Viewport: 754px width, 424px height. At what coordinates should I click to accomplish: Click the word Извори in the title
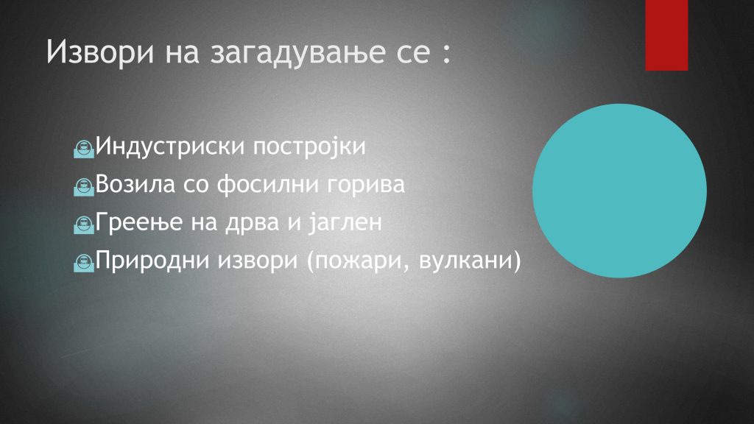pyautogui.click(x=100, y=52)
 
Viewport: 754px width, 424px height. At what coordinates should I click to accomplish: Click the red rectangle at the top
pyautogui.click(x=666, y=35)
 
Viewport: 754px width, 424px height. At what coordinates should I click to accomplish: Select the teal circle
pyautogui.click(x=619, y=191)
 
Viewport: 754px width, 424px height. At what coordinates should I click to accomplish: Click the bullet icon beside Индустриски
pyautogui.click(x=84, y=149)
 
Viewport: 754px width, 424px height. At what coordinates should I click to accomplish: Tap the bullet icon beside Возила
pyautogui.click(x=84, y=187)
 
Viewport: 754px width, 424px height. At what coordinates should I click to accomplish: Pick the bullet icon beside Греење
pyautogui.click(x=84, y=225)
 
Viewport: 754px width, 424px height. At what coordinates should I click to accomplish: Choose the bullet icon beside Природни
pyautogui.click(x=84, y=263)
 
